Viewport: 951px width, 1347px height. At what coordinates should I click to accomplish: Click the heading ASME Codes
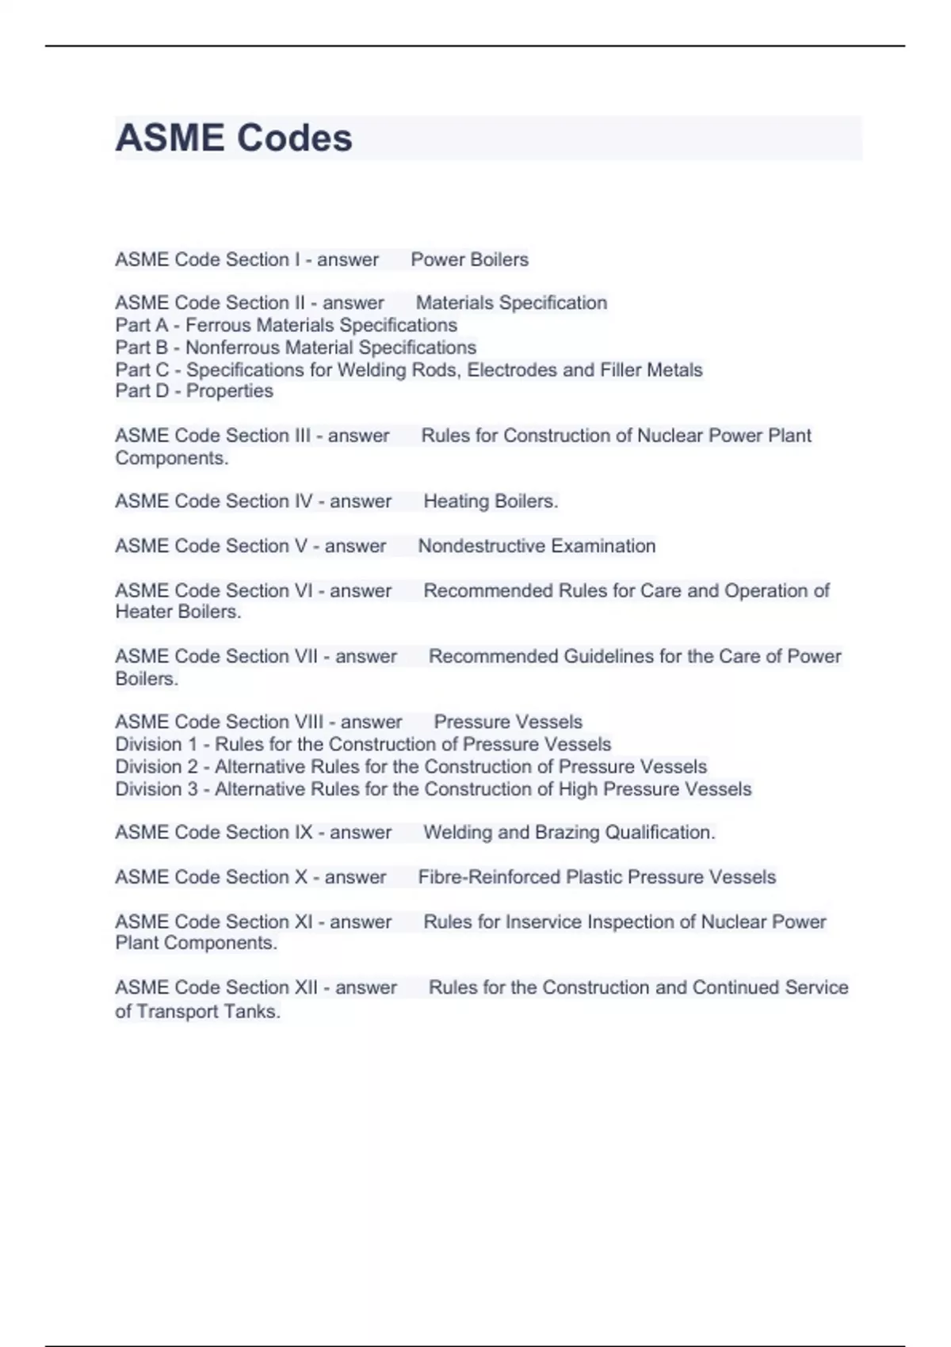[234, 138]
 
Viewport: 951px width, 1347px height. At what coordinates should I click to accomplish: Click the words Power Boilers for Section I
[469, 260]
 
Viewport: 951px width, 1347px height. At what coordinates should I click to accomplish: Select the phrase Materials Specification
[511, 303]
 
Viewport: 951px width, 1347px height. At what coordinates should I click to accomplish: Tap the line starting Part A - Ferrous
[286, 325]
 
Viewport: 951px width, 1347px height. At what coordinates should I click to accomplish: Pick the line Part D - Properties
[194, 391]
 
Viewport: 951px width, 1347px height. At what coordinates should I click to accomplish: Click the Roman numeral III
[301, 436]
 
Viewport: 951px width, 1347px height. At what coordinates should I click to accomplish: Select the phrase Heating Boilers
[490, 502]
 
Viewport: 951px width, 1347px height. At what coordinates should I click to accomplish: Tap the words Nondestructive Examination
[537, 546]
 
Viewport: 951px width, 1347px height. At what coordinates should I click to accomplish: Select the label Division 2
[156, 767]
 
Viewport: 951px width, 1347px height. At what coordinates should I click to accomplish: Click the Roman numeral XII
[306, 988]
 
